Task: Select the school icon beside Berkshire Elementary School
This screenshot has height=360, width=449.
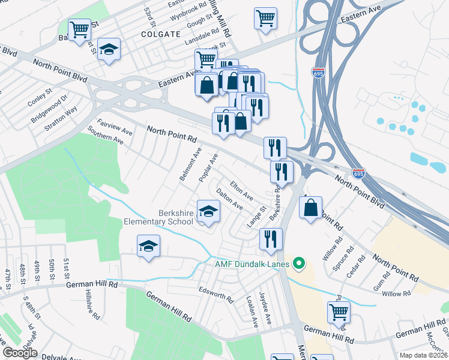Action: [x=209, y=212]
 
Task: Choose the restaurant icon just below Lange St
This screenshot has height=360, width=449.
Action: [x=271, y=238]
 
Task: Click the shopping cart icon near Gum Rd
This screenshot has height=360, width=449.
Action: [x=339, y=312]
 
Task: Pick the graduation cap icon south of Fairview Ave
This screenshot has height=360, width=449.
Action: [x=148, y=247]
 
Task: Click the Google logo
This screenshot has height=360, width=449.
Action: [x=20, y=353]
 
